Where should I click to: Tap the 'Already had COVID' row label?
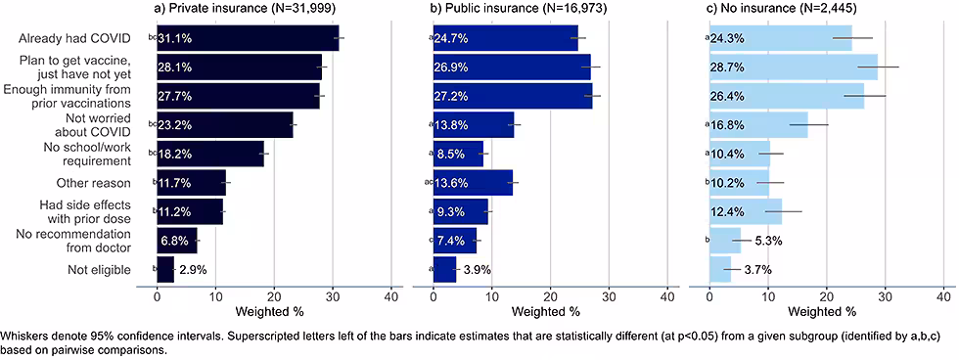click(74, 39)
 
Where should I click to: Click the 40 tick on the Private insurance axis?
click(390, 294)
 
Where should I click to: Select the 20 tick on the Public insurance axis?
click(550, 294)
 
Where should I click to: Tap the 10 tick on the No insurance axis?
click(767, 294)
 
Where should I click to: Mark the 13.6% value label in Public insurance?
click(452, 183)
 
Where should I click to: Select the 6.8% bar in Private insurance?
click(176, 241)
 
